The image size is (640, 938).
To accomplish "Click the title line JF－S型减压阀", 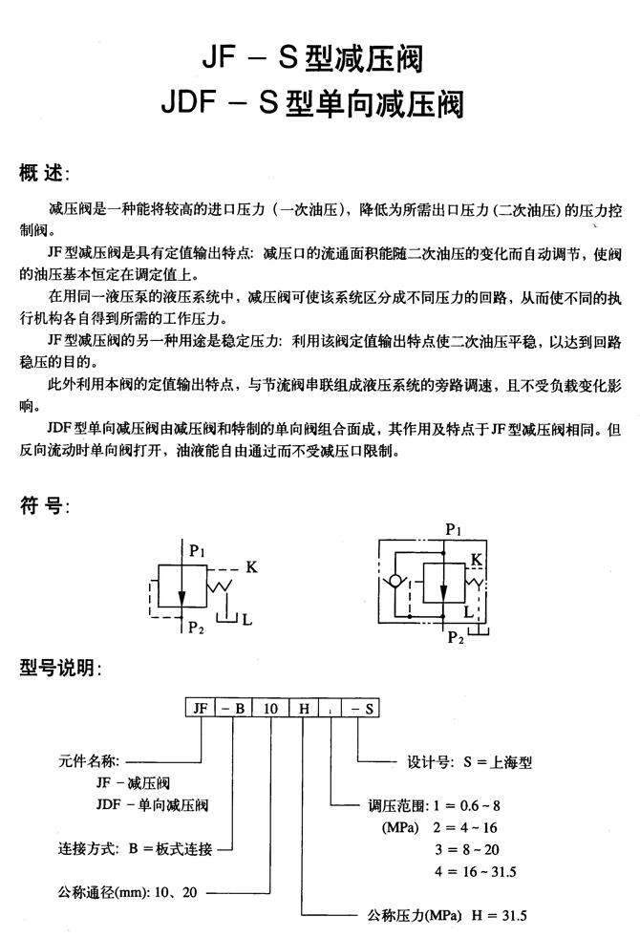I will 311,59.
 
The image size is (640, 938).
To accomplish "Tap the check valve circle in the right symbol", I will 393,579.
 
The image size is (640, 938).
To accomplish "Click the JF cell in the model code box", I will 201,710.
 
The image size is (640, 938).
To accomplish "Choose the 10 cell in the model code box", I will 271,710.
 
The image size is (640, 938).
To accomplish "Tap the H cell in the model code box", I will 304,710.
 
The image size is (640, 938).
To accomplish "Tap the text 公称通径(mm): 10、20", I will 129,894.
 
